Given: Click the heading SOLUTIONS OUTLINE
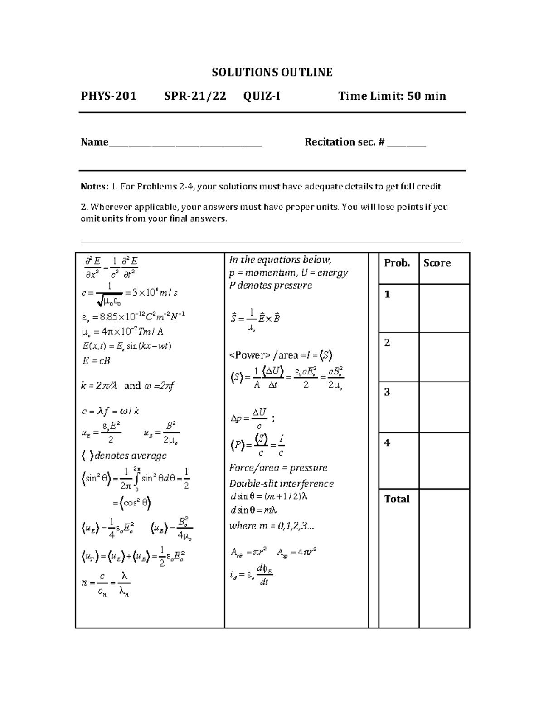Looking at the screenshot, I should pyautogui.click(x=272, y=73).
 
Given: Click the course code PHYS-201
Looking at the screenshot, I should pyautogui.click(x=108, y=96).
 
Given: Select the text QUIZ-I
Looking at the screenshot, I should pyautogui.click(x=262, y=96).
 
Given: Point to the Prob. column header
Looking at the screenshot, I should pyautogui.click(x=397, y=263).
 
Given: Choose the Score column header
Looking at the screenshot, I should pyautogui.click(x=437, y=263).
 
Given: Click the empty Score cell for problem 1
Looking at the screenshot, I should pyautogui.click(x=444, y=308).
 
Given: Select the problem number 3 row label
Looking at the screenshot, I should pyautogui.click(x=387, y=392).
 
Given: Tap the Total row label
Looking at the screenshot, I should pyautogui.click(x=397, y=499).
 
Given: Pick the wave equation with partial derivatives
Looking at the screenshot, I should pyautogui.click(x=111, y=267).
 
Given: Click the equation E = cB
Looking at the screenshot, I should pyautogui.click(x=96, y=361).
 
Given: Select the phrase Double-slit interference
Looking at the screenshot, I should pyautogui.click(x=282, y=484).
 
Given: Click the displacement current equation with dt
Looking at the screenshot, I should pyautogui.click(x=251, y=575).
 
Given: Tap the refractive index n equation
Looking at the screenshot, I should pyautogui.click(x=106, y=583).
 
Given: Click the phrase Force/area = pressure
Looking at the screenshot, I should pyautogui.click(x=278, y=468).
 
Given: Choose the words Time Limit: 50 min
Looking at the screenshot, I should pyautogui.click(x=392, y=96).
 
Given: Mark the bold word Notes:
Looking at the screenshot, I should pyautogui.click(x=94, y=186).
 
